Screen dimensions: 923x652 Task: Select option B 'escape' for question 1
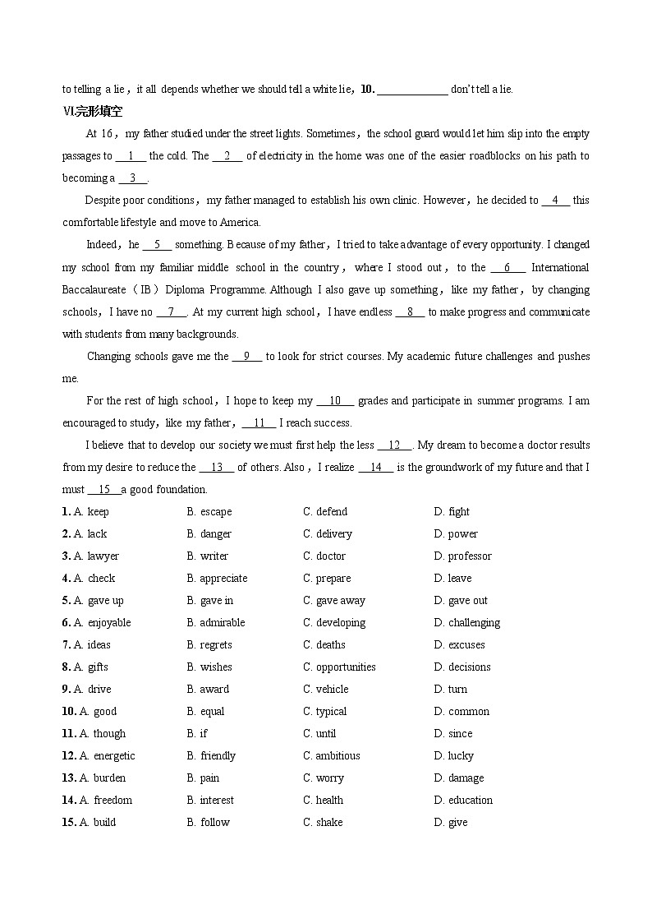pos(215,511)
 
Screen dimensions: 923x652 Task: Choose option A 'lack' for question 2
pos(97,533)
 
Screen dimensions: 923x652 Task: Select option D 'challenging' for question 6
pos(474,622)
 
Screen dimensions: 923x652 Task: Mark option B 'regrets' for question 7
pos(215,644)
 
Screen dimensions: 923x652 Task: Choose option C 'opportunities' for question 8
pos(346,667)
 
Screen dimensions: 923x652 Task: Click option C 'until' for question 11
pos(326,733)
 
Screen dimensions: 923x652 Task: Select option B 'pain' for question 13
pos(209,778)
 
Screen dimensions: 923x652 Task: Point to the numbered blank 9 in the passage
pos(246,357)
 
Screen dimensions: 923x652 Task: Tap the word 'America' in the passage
pos(240,222)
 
